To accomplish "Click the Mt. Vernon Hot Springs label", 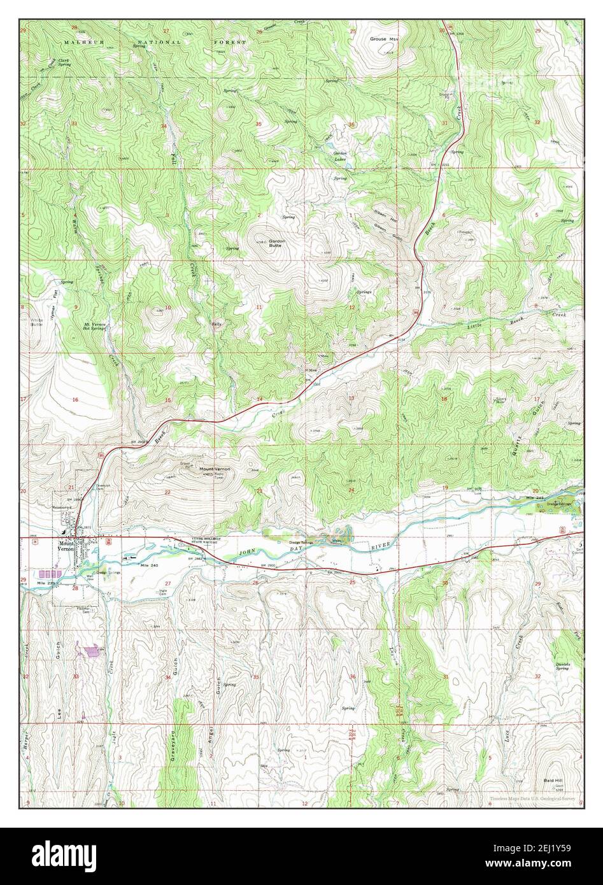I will pos(94,326).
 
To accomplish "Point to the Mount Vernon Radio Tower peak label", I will pos(215,470).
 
